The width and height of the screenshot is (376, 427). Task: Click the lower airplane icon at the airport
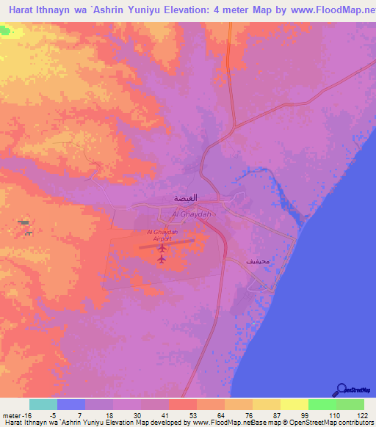pyautogui.click(x=162, y=259)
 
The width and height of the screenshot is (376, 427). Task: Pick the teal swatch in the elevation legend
pyautogui.click(x=43, y=404)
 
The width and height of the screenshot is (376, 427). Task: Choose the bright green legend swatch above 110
pyautogui.click(x=322, y=404)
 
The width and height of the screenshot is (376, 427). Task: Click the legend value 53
pyautogui.click(x=183, y=415)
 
